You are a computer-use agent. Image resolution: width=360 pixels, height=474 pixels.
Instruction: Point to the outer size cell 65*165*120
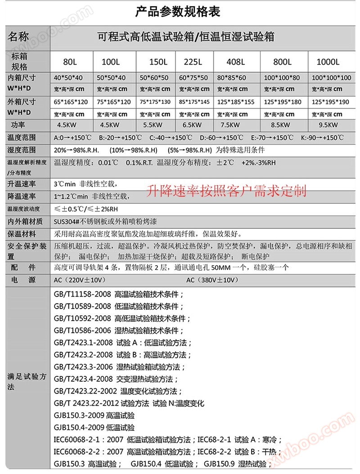pyautogui.click(x=71, y=102)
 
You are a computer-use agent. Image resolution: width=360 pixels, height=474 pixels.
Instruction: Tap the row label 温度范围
pyautogui.click(x=21, y=138)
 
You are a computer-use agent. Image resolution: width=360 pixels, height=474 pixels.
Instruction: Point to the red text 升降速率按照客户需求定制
pyautogui.click(x=227, y=191)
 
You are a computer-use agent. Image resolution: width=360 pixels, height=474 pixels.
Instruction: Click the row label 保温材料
pyautogui.click(x=21, y=234)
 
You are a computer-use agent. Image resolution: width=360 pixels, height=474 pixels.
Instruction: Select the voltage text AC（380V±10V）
pyautogui.click(x=211, y=280)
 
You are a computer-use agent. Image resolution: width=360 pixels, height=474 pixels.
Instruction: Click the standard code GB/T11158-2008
pyautogui.click(x=82, y=295)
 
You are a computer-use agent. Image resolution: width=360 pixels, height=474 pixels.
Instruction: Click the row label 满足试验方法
pyautogui.click(x=26, y=382)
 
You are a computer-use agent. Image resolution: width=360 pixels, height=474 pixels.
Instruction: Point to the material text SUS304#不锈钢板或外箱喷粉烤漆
pyautogui.click(x=106, y=221)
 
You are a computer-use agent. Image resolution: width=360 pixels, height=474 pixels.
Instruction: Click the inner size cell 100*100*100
pyautogui.click(x=331, y=78)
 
